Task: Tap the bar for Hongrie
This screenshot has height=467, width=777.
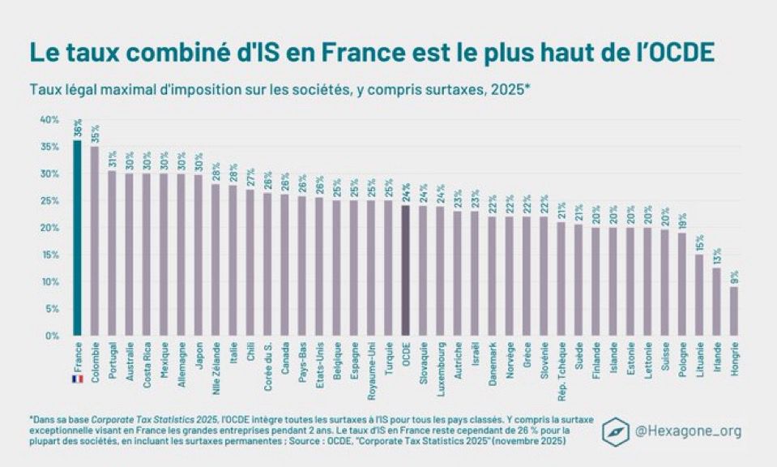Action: [733, 311]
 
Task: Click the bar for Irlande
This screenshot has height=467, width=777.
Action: [716, 301]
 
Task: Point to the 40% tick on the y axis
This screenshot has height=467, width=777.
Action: [50, 120]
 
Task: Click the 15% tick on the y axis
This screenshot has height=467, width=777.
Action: [50, 255]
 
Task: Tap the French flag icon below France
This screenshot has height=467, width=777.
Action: [78, 379]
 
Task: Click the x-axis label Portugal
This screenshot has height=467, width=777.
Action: [113, 356]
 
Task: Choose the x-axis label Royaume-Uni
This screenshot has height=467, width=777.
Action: [371, 362]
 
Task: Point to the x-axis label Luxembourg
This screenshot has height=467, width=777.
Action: [441, 362]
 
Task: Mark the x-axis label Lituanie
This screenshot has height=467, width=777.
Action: [698, 357]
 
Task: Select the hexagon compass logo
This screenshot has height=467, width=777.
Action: [617, 432]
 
